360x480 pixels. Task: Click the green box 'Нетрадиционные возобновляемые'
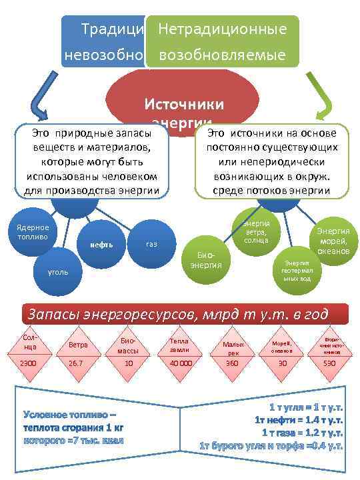tap(222, 41)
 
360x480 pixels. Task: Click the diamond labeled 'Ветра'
tap(79, 344)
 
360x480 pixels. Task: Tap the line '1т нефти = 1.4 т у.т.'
tap(299, 419)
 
